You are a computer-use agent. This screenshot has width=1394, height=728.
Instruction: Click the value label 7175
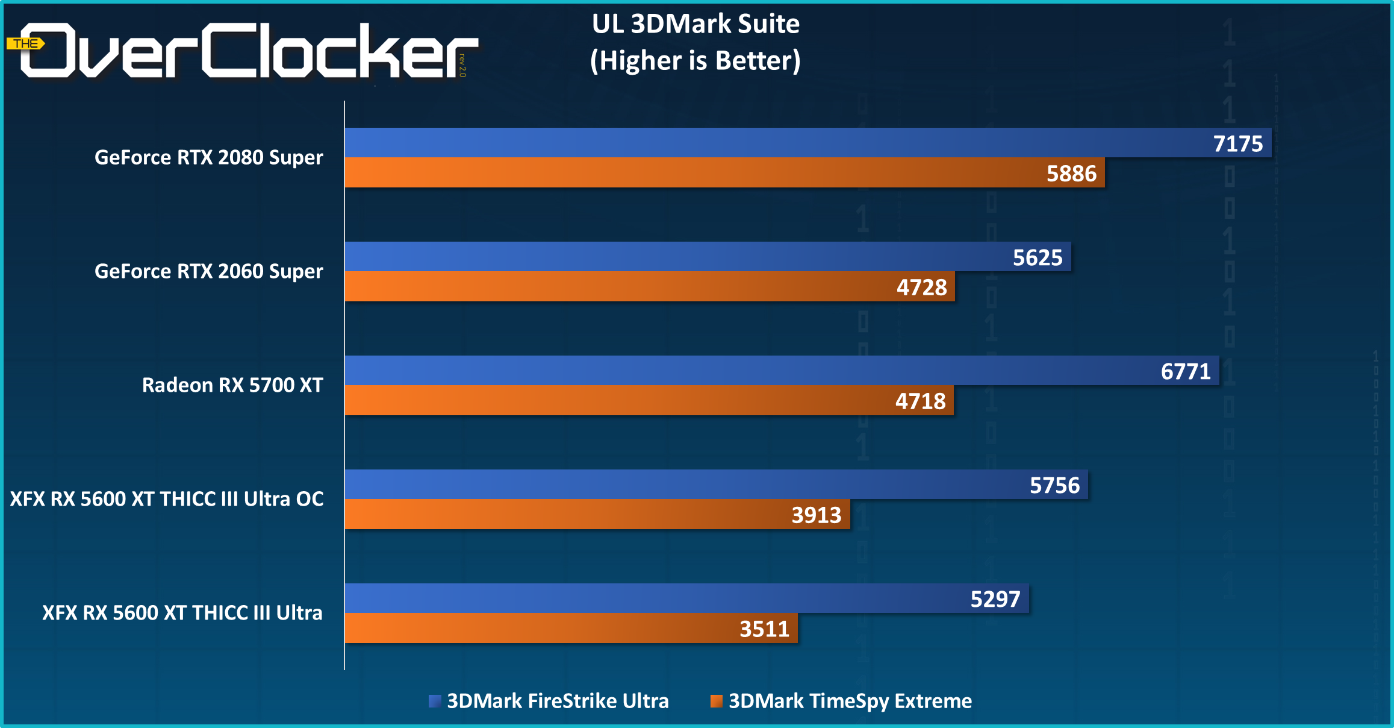coord(1237,144)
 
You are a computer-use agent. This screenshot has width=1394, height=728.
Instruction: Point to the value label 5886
coord(1071,174)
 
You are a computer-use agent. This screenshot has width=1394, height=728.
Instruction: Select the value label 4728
coord(921,287)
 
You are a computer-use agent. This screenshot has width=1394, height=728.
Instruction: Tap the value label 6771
coord(1185,371)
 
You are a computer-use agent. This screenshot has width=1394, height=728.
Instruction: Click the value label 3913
coord(816,515)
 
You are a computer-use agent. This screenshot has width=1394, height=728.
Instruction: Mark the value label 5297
coord(995,599)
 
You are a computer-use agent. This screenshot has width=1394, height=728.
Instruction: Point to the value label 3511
coord(764,629)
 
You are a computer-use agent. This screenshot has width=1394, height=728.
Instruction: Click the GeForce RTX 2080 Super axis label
coord(208,157)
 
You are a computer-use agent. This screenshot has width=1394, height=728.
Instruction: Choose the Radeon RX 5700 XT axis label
coord(232,385)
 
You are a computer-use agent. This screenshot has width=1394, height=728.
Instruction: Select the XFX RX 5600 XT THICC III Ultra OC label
coord(167,499)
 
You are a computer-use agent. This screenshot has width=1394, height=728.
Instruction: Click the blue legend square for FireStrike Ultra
coord(434,701)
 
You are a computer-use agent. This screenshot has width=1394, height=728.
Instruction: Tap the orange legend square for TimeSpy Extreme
coord(716,701)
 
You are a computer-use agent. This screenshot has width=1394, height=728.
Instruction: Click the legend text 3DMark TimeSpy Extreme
coord(850,701)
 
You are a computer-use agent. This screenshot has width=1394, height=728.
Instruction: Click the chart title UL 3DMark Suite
coord(695,24)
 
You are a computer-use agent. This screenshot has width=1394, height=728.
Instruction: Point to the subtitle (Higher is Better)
coord(695,61)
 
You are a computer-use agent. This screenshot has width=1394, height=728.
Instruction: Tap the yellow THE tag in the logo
coord(25,43)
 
